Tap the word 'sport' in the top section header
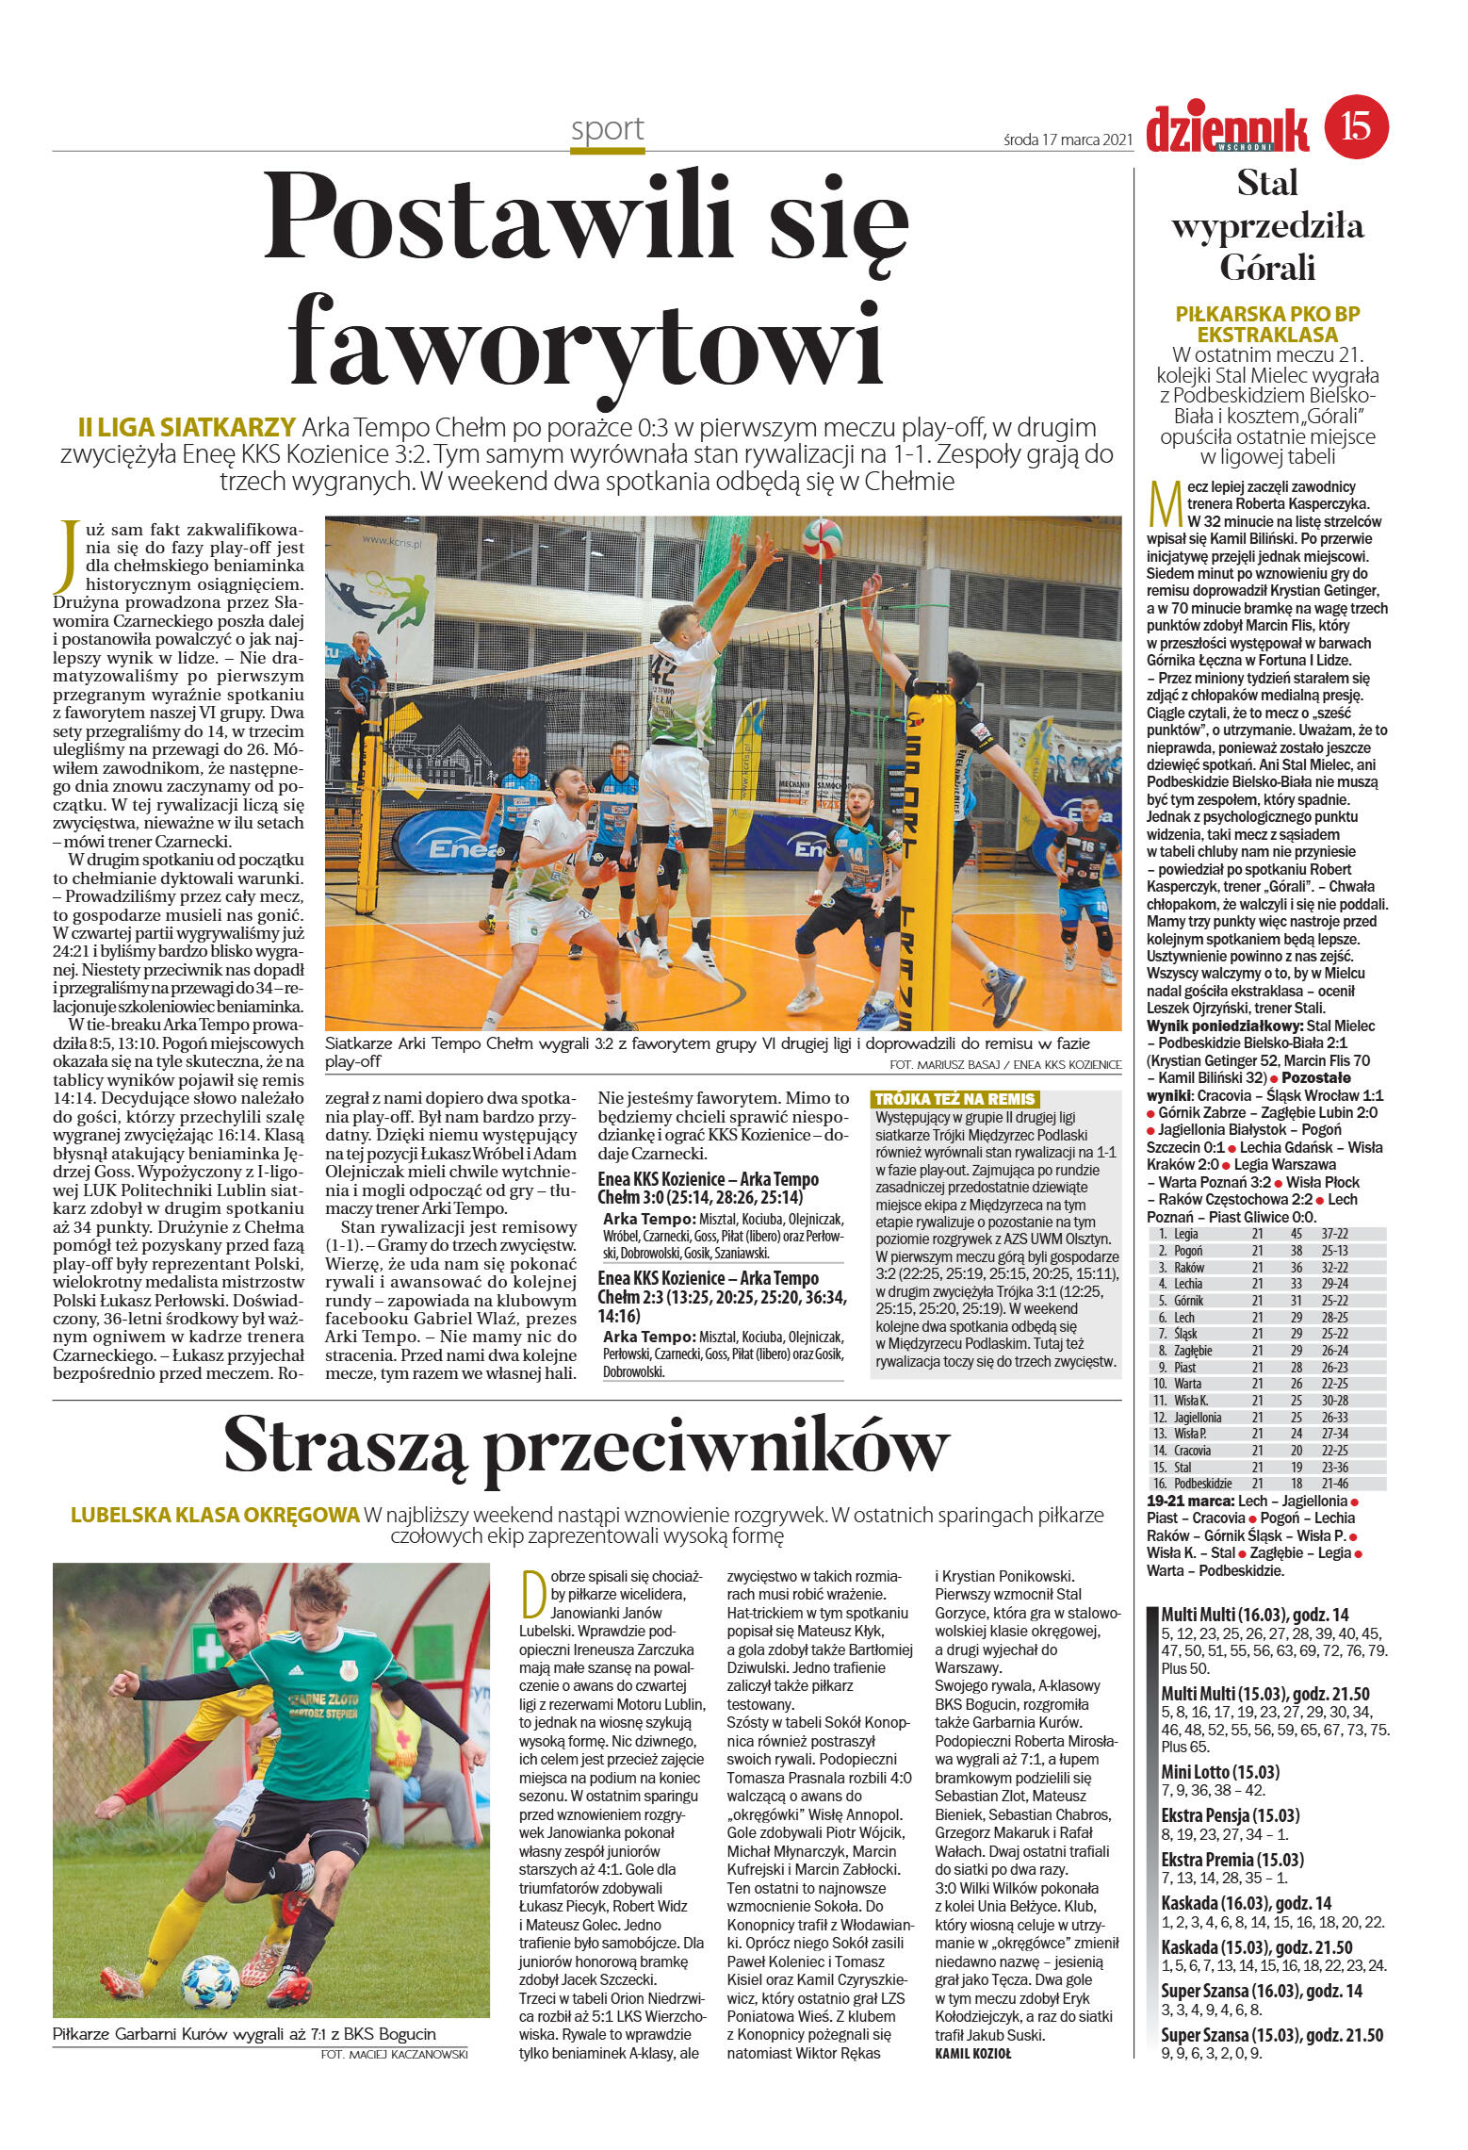[607, 128]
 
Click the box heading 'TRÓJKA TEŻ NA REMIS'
[955, 1099]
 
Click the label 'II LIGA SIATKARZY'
[188, 426]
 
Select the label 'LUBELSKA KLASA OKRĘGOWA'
[216, 1516]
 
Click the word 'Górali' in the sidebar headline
[1266, 269]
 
